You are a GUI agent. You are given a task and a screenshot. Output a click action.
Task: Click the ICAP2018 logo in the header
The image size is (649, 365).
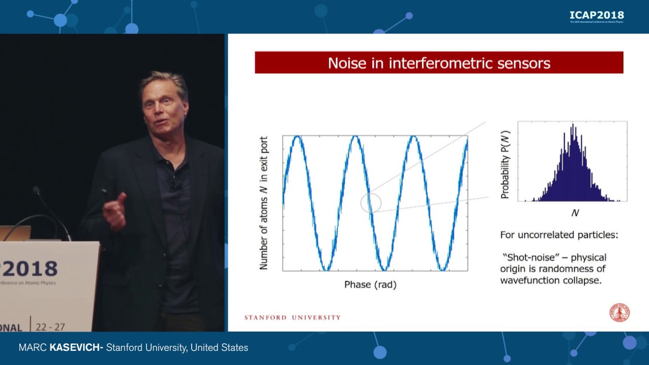pos(596,15)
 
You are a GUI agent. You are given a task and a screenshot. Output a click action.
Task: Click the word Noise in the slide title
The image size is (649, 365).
pos(347,63)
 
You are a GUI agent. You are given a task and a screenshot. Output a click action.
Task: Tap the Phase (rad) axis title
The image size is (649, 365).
pos(370,284)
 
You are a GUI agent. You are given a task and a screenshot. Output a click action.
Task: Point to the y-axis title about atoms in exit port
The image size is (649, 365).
pos(264,203)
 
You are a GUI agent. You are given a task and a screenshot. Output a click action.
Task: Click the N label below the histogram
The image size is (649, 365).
pos(574,213)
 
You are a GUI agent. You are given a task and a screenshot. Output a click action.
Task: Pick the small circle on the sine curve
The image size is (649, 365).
pos(371,203)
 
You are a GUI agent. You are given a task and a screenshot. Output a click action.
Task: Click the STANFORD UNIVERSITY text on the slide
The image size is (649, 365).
pos(293,317)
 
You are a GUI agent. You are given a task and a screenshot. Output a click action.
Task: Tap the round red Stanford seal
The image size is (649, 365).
pos(619,313)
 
